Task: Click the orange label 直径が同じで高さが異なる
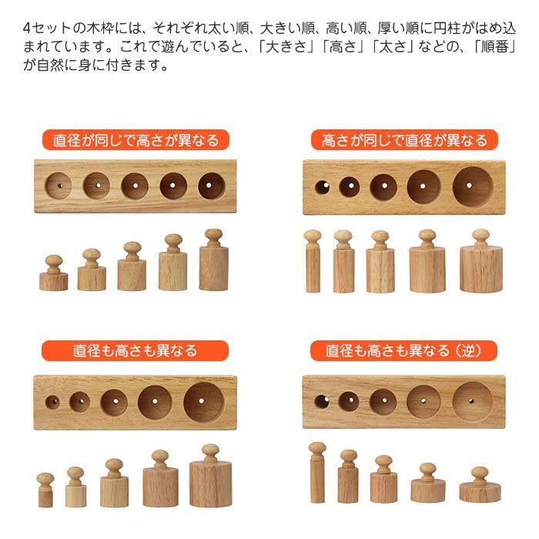click(x=136, y=140)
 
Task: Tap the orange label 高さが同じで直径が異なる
click(x=404, y=140)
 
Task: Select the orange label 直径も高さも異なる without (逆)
click(x=136, y=350)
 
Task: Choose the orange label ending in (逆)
click(x=404, y=350)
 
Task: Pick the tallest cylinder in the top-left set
click(x=214, y=263)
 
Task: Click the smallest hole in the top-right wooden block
click(x=322, y=186)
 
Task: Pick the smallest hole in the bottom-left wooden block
click(x=52, y=401)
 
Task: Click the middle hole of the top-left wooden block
click(x=135, y=186)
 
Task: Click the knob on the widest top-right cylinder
click(x=480, y=236)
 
